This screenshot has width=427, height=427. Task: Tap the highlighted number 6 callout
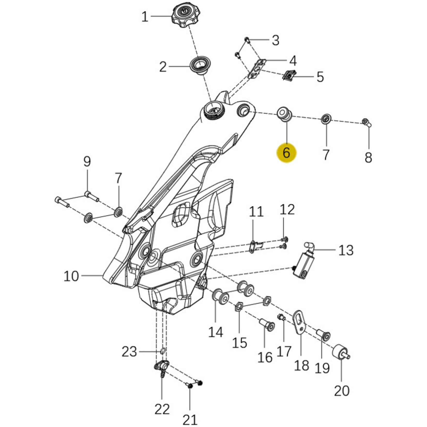[286, 152]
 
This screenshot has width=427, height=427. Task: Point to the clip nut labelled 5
[289, 76]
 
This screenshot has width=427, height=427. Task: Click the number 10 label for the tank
[71, 276]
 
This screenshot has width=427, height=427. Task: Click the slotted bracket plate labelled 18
[300, 322]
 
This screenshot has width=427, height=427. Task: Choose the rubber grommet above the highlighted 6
[285, 114]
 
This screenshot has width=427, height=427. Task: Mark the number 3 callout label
[276, 41]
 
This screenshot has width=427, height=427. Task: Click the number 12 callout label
[287, 209]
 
